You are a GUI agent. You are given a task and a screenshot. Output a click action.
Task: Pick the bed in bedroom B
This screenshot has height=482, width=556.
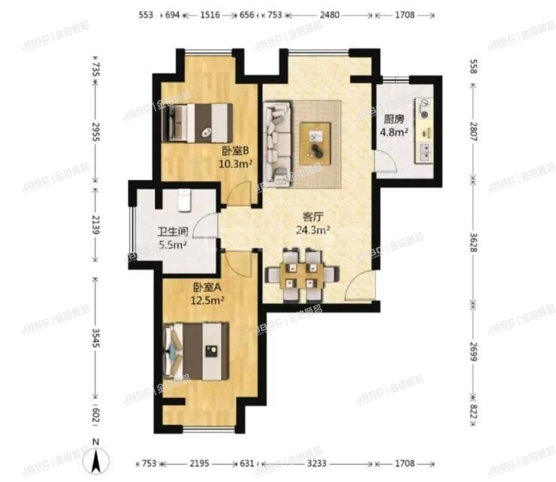pos(198,121)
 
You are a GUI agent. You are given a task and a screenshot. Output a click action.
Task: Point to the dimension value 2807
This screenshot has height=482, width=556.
pos(473,128)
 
